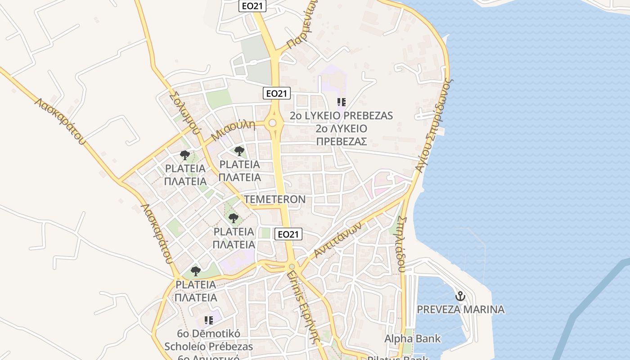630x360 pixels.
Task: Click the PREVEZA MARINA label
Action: click(460, 310)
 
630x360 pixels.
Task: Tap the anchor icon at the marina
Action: click(460, 296)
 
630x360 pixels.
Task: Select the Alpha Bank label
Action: click(412, 338)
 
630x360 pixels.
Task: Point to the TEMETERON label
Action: click(274, 199)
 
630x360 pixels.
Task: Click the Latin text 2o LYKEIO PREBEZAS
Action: click(342, 116)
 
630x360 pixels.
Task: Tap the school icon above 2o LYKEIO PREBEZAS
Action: click(342, 102)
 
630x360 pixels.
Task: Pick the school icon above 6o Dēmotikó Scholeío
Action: click(208, 320)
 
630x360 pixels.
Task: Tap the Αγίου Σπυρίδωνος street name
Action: click(433, 126)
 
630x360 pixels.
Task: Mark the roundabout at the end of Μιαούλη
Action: click(272, 123)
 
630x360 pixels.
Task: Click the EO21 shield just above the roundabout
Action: click(277, 93)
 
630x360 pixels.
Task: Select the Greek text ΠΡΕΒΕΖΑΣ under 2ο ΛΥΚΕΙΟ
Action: click(342, 141)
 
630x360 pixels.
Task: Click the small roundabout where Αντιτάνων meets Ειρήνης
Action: click(292, 267)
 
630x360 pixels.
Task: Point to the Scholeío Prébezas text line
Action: click(208, 347)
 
